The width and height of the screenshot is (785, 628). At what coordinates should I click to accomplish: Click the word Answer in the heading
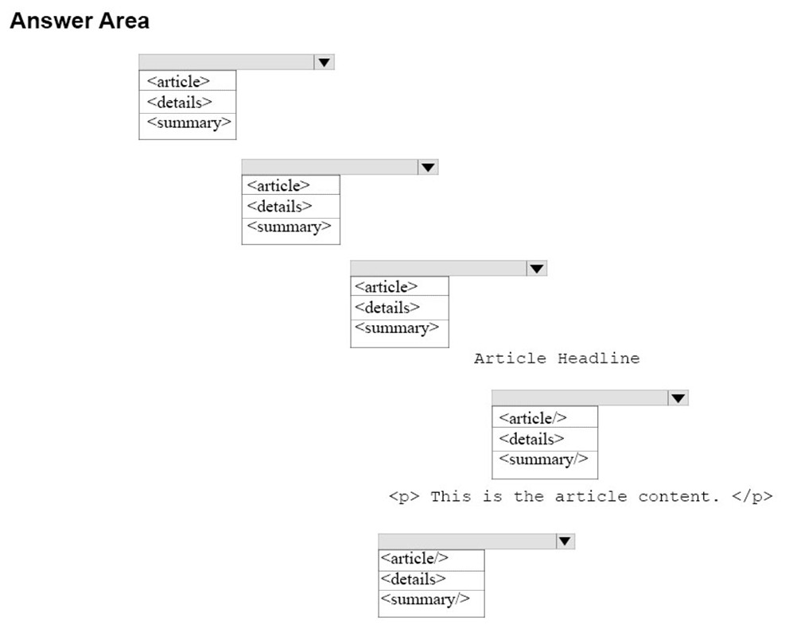click(52, 21)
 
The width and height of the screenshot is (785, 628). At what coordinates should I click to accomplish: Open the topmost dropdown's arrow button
click(324, 62)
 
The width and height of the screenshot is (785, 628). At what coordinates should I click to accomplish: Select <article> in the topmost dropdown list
click(178, 82)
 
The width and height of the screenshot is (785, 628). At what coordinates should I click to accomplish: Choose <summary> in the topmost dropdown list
click(188, 123)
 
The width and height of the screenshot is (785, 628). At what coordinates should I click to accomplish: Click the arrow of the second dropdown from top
click(428, 167)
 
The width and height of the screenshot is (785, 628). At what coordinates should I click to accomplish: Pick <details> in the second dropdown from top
click(279, 206)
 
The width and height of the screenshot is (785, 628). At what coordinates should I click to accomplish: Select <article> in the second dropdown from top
click(278, 186)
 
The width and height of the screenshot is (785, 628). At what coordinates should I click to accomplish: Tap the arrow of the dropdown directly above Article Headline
click(537, 269)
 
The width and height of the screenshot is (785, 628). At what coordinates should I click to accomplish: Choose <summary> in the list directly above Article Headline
click(397, 328)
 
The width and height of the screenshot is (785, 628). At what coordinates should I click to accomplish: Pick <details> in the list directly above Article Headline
click(387, 308)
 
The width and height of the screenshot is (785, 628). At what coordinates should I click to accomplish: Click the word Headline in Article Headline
click(599, 359)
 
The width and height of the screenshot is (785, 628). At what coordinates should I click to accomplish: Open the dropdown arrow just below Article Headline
click(678, 398)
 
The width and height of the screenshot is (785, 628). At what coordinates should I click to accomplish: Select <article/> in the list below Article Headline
click(533, 418)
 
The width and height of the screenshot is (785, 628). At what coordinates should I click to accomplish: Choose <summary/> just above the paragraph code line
click(544, 459)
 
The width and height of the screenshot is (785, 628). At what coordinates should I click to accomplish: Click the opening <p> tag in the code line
click(404, 497)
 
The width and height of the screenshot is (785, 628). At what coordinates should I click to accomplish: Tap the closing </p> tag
click(752, 496)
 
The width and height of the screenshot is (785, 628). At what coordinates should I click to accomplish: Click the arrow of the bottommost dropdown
click(565, 541)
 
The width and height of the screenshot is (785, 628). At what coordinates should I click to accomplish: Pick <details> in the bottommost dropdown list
click(414, 579)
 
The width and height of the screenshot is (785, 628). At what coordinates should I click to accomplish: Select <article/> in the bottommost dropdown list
click(414, 558)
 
